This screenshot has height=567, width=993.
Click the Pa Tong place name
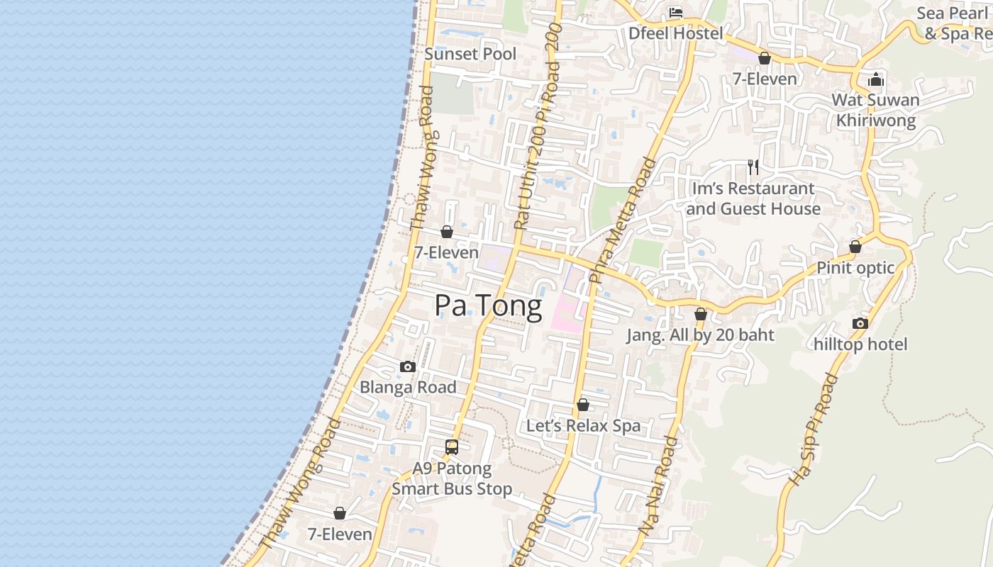[x=488, y=305]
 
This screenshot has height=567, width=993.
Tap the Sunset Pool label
[x=470, y=54]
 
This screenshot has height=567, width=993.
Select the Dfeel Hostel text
[x=676, y=33]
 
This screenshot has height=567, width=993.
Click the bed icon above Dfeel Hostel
[x=676, y=13]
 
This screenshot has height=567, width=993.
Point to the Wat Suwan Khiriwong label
[x=875, y=110]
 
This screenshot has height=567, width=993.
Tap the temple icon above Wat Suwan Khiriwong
[x=876, y=79]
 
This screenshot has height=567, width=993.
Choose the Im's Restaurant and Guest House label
[x=753, y=198]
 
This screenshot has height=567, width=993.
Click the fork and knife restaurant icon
[x=753, y=167]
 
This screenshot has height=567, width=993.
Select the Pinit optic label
[x=855, y=268]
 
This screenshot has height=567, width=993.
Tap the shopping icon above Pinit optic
[x=855, y=247]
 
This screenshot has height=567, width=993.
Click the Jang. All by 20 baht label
[x=700, y=335]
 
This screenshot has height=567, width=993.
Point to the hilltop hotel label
[x=860, y=344]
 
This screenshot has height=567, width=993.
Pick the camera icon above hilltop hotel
[x=860, y=324]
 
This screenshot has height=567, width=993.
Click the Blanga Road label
[x=408, y=387]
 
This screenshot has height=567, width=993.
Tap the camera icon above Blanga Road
[x=408, y=366]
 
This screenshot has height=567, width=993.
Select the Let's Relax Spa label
[x=583, y=426]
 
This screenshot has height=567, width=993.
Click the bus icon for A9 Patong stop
[x=452, y=447]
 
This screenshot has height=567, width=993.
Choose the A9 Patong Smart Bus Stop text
[x=452, y=478]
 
